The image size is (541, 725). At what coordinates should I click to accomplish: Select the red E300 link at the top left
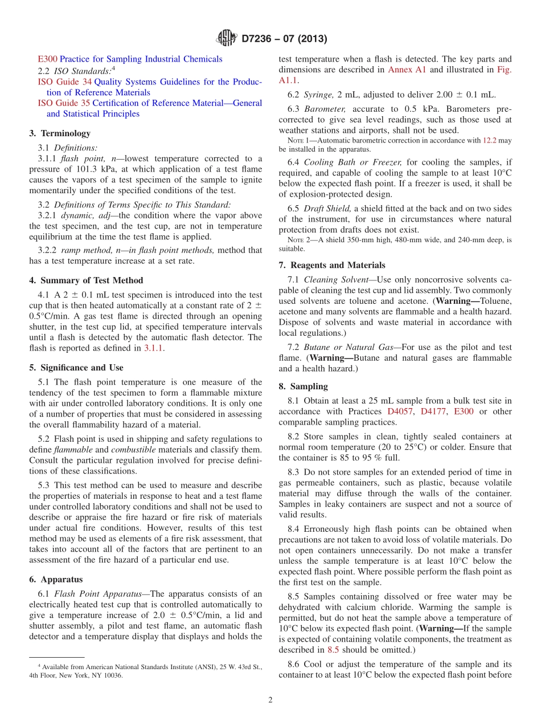click(47, 59)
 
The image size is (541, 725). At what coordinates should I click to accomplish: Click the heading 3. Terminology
click(60, 133)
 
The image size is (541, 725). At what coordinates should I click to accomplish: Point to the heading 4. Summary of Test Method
click(86, 280)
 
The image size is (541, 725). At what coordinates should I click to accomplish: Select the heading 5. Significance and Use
click(76, 368)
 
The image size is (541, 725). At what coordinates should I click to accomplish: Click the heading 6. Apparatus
click(56, 579)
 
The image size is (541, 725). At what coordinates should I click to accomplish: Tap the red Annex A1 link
click(407, 70)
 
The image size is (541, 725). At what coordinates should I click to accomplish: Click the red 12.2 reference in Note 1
click(489, 140)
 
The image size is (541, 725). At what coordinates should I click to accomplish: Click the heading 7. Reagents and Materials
click(332, 265)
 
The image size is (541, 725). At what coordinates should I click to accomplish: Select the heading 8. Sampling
click(303, 386)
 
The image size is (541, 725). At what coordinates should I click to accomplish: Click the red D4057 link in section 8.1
click(400, 412)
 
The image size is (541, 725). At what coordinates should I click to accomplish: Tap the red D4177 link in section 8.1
click(434, 412)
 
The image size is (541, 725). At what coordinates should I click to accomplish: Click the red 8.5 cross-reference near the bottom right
click(334, 649)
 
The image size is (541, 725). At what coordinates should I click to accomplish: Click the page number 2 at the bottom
click(270, 700)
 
